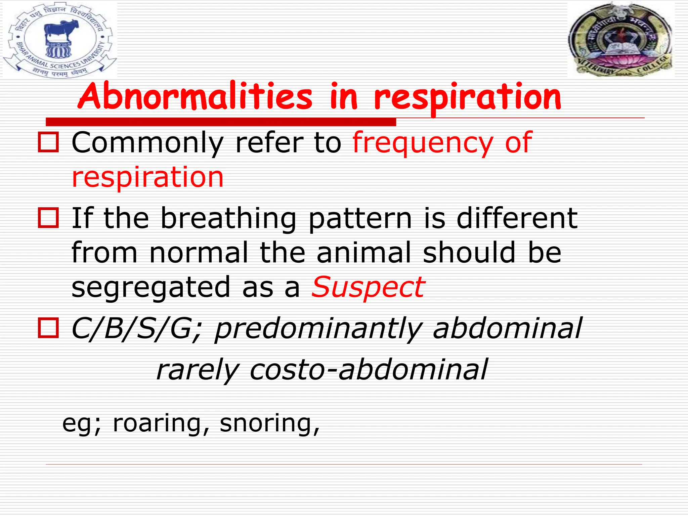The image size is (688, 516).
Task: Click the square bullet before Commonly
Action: click(x=48, y=142)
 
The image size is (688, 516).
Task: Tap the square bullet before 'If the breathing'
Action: click(x=48, y=218)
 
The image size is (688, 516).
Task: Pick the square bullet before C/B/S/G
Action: click(x=48, y=328)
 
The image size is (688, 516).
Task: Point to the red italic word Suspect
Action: click(x=368, y=287)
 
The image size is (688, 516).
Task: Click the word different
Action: click(x=517, y=218)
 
